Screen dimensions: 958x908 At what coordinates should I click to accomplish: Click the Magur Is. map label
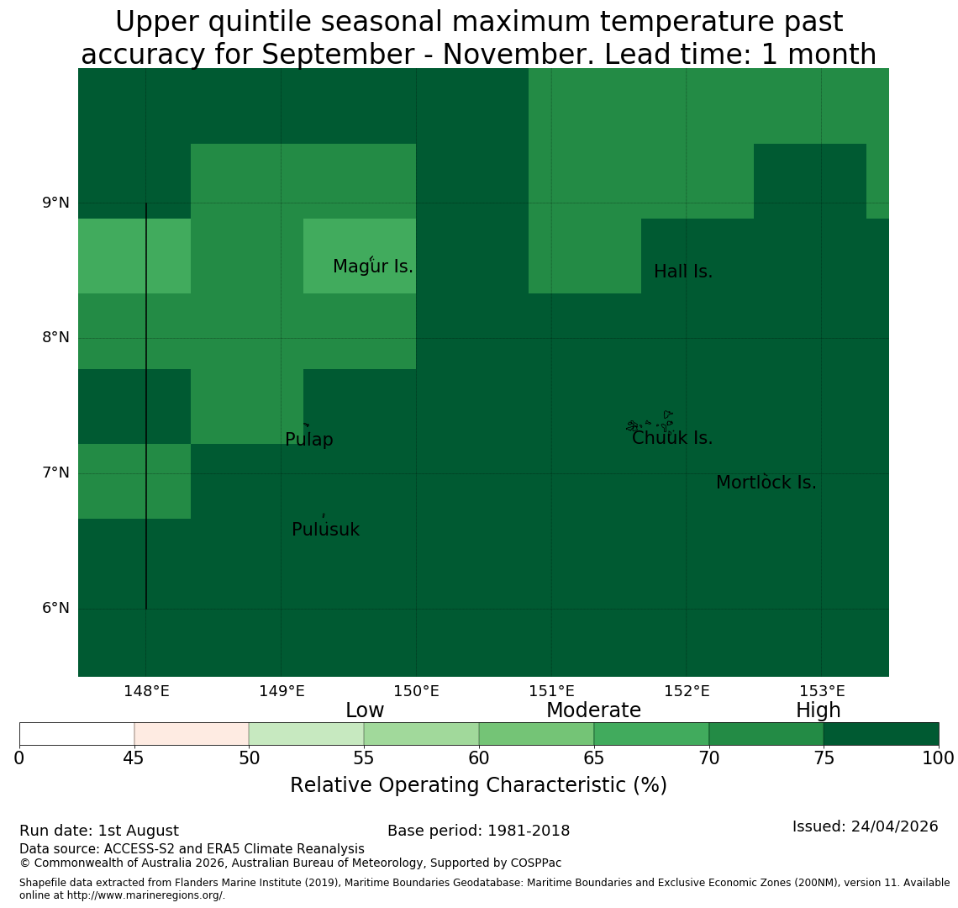point(372,267)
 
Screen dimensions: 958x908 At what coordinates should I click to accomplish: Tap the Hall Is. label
point(683,272)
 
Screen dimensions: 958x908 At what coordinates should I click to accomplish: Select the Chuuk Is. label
point(672,438)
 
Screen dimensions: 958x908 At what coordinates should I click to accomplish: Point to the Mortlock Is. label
point(766,483)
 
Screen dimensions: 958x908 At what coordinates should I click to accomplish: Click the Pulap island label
point(309,440)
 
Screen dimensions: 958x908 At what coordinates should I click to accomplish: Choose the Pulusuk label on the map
point(326,530)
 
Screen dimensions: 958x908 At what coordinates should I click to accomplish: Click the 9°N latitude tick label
point(55,203)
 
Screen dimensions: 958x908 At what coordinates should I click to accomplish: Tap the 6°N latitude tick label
point(55,609)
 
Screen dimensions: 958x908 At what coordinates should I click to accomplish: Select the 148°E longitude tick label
point(146,692)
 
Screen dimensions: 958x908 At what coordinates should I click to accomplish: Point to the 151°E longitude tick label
point(552,692)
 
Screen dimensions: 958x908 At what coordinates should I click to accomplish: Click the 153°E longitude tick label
point(823,692)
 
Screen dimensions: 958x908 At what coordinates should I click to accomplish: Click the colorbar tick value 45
point(134,758)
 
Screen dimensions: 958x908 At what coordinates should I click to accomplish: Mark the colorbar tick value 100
point(939,758)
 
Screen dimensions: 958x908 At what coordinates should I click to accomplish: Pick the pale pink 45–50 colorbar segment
point(192,734)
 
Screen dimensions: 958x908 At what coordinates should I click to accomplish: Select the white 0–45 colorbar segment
point(77,734)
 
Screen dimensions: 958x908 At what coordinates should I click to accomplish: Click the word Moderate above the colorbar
point(594,710)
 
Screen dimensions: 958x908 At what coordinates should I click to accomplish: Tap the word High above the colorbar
point(819,710)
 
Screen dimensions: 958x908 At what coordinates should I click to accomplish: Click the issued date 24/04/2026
point(894,826)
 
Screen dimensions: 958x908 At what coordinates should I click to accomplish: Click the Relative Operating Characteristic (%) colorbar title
point(478,785)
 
